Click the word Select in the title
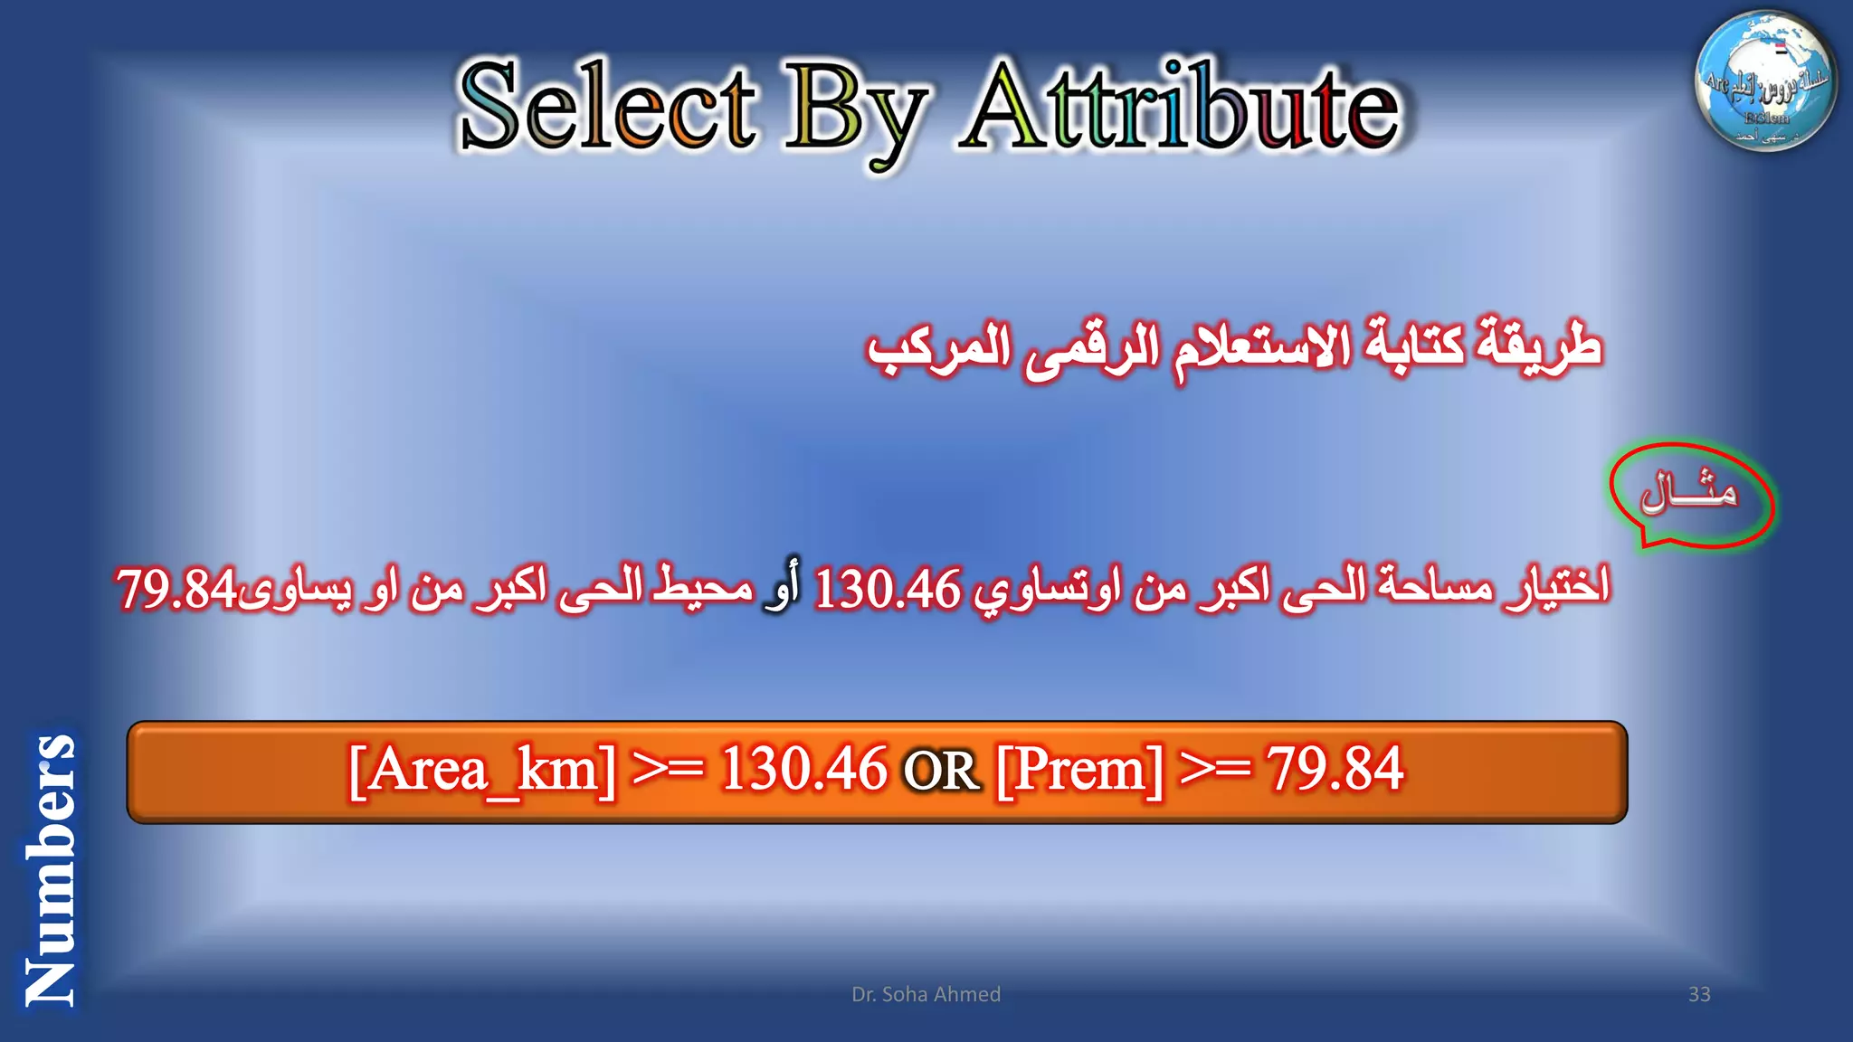pos(606,107)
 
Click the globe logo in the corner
pos(1765,81)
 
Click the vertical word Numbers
pos(50,868)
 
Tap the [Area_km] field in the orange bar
pos(482,771)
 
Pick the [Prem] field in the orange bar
pos(1079,771)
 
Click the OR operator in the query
pos(941,772)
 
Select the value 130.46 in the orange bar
pos(803,770)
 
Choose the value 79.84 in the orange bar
pos(1335,770)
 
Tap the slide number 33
pos(1699,994)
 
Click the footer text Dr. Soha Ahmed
pos(926,994)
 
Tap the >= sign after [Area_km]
pos(668,770)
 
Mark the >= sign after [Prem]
pos(1216,770)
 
